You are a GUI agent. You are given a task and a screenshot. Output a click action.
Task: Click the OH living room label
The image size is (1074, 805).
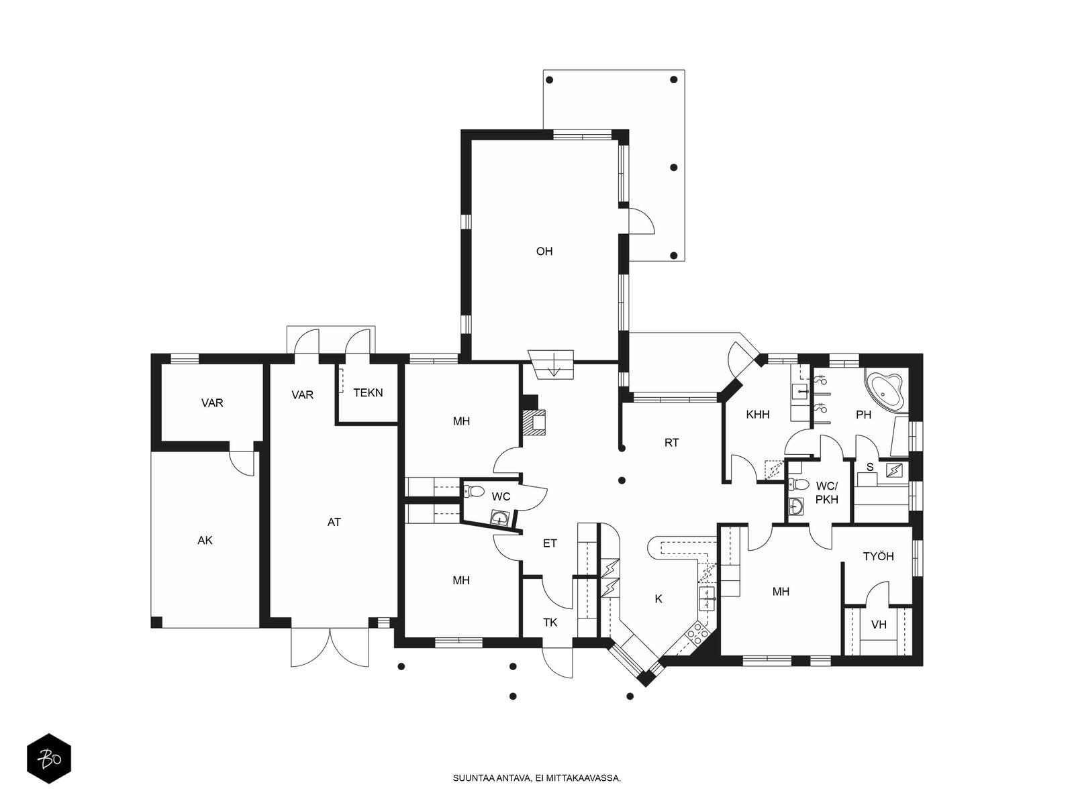[x=544, y=251]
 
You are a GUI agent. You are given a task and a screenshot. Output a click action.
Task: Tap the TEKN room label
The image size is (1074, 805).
[x=367, y=392]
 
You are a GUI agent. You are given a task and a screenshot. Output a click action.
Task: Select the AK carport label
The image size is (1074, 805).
[x=205, y=540]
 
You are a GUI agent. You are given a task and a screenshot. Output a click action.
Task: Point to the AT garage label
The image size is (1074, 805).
[x=334, y=522]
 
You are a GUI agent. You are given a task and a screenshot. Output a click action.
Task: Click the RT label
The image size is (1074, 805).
[x=671, y=442]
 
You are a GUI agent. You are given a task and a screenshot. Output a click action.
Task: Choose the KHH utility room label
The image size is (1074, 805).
[x=757, y=415]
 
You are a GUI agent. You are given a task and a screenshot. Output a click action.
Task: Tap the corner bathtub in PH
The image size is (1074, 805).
[x=883, y=390]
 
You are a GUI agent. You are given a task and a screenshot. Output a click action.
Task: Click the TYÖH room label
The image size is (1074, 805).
[x=878, y=555]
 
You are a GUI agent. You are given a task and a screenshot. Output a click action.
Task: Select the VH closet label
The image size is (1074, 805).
[x=879, y=624]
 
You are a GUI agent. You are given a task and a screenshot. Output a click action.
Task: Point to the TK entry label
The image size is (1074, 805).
[x=550, y=623]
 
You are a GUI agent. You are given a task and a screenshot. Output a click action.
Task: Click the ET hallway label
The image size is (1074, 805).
[x=550, y=543]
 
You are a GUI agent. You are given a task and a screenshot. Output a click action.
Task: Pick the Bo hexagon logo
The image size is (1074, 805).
[x=49, y=759]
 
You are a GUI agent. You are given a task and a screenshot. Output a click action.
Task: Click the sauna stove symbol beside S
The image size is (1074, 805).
[x=894, y=470]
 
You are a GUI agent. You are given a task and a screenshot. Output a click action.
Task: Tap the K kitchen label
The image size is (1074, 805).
[x=658, y=599]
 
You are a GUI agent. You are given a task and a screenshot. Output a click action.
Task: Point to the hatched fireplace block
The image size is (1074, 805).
[x=534, y=423]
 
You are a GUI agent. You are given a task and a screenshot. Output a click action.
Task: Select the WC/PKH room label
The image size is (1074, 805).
[x=826, y=492]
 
